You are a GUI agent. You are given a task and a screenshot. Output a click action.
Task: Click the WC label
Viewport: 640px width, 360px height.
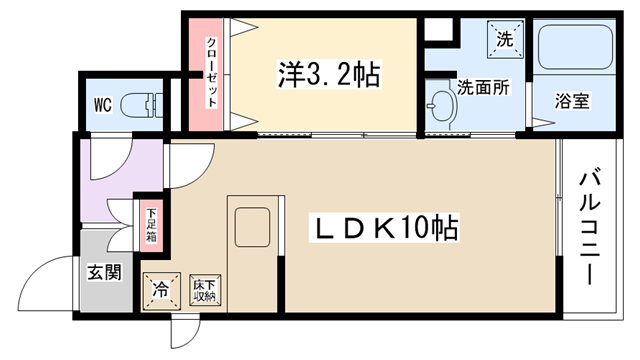click(102, 105)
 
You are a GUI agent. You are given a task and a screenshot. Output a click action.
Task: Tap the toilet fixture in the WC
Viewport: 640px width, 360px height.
click(141, 106)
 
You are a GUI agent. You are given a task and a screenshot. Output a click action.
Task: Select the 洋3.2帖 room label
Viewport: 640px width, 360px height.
click(329, 74)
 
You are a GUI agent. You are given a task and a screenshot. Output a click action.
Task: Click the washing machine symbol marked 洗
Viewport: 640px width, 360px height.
click(505, 39)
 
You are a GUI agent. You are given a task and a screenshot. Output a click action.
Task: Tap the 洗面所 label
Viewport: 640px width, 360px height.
click(483, 87)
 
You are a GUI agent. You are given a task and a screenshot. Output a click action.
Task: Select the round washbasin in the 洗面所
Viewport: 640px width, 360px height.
click(441, 105)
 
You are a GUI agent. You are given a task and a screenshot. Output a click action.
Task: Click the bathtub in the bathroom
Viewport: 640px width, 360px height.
click(574, 48)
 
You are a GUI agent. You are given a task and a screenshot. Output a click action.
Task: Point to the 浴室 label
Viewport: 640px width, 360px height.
click(572, 101)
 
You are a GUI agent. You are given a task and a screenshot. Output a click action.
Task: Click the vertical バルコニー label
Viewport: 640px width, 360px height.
click(591, 227)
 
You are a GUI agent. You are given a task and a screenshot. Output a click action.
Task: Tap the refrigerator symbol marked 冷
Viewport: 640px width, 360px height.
click(162, 291)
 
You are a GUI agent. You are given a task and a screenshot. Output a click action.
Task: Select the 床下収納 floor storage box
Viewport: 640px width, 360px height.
click(205, 290)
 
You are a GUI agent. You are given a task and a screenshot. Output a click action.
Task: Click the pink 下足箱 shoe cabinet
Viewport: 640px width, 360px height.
click(152, 226)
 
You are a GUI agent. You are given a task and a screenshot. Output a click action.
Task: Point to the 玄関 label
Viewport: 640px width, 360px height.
click(105, 272)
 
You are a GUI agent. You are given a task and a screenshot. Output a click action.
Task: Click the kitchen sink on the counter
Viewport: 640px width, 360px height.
click(253, 227)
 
